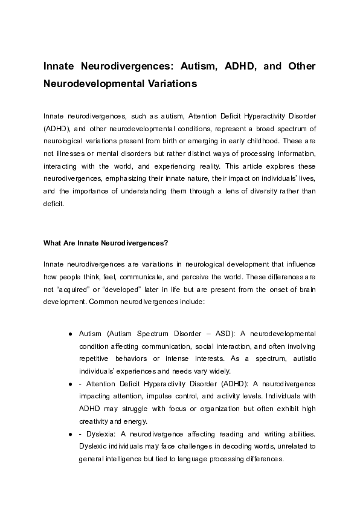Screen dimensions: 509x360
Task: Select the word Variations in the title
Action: pos(170,84)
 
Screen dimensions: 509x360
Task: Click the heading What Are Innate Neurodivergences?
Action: pos(105,244)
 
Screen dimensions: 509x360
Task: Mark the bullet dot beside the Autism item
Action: pos(71,334)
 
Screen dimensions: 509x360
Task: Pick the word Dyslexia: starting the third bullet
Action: pos(100,433)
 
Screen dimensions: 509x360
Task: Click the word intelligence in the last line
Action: pos(127,459)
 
